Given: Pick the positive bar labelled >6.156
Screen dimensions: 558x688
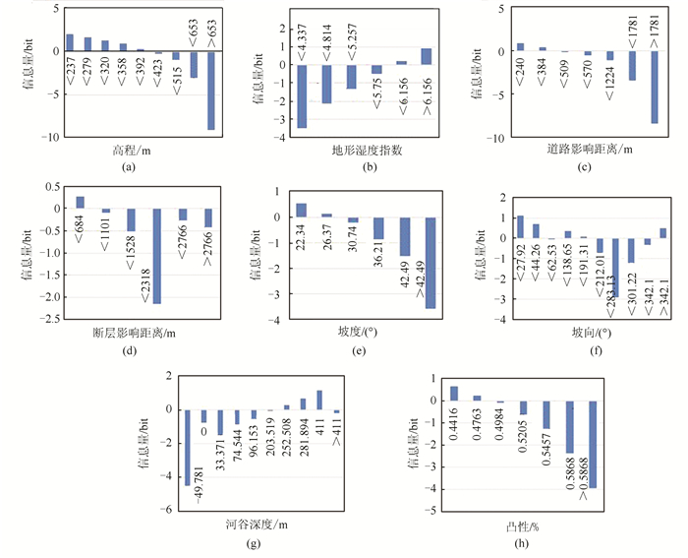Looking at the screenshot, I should pos(427,56).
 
